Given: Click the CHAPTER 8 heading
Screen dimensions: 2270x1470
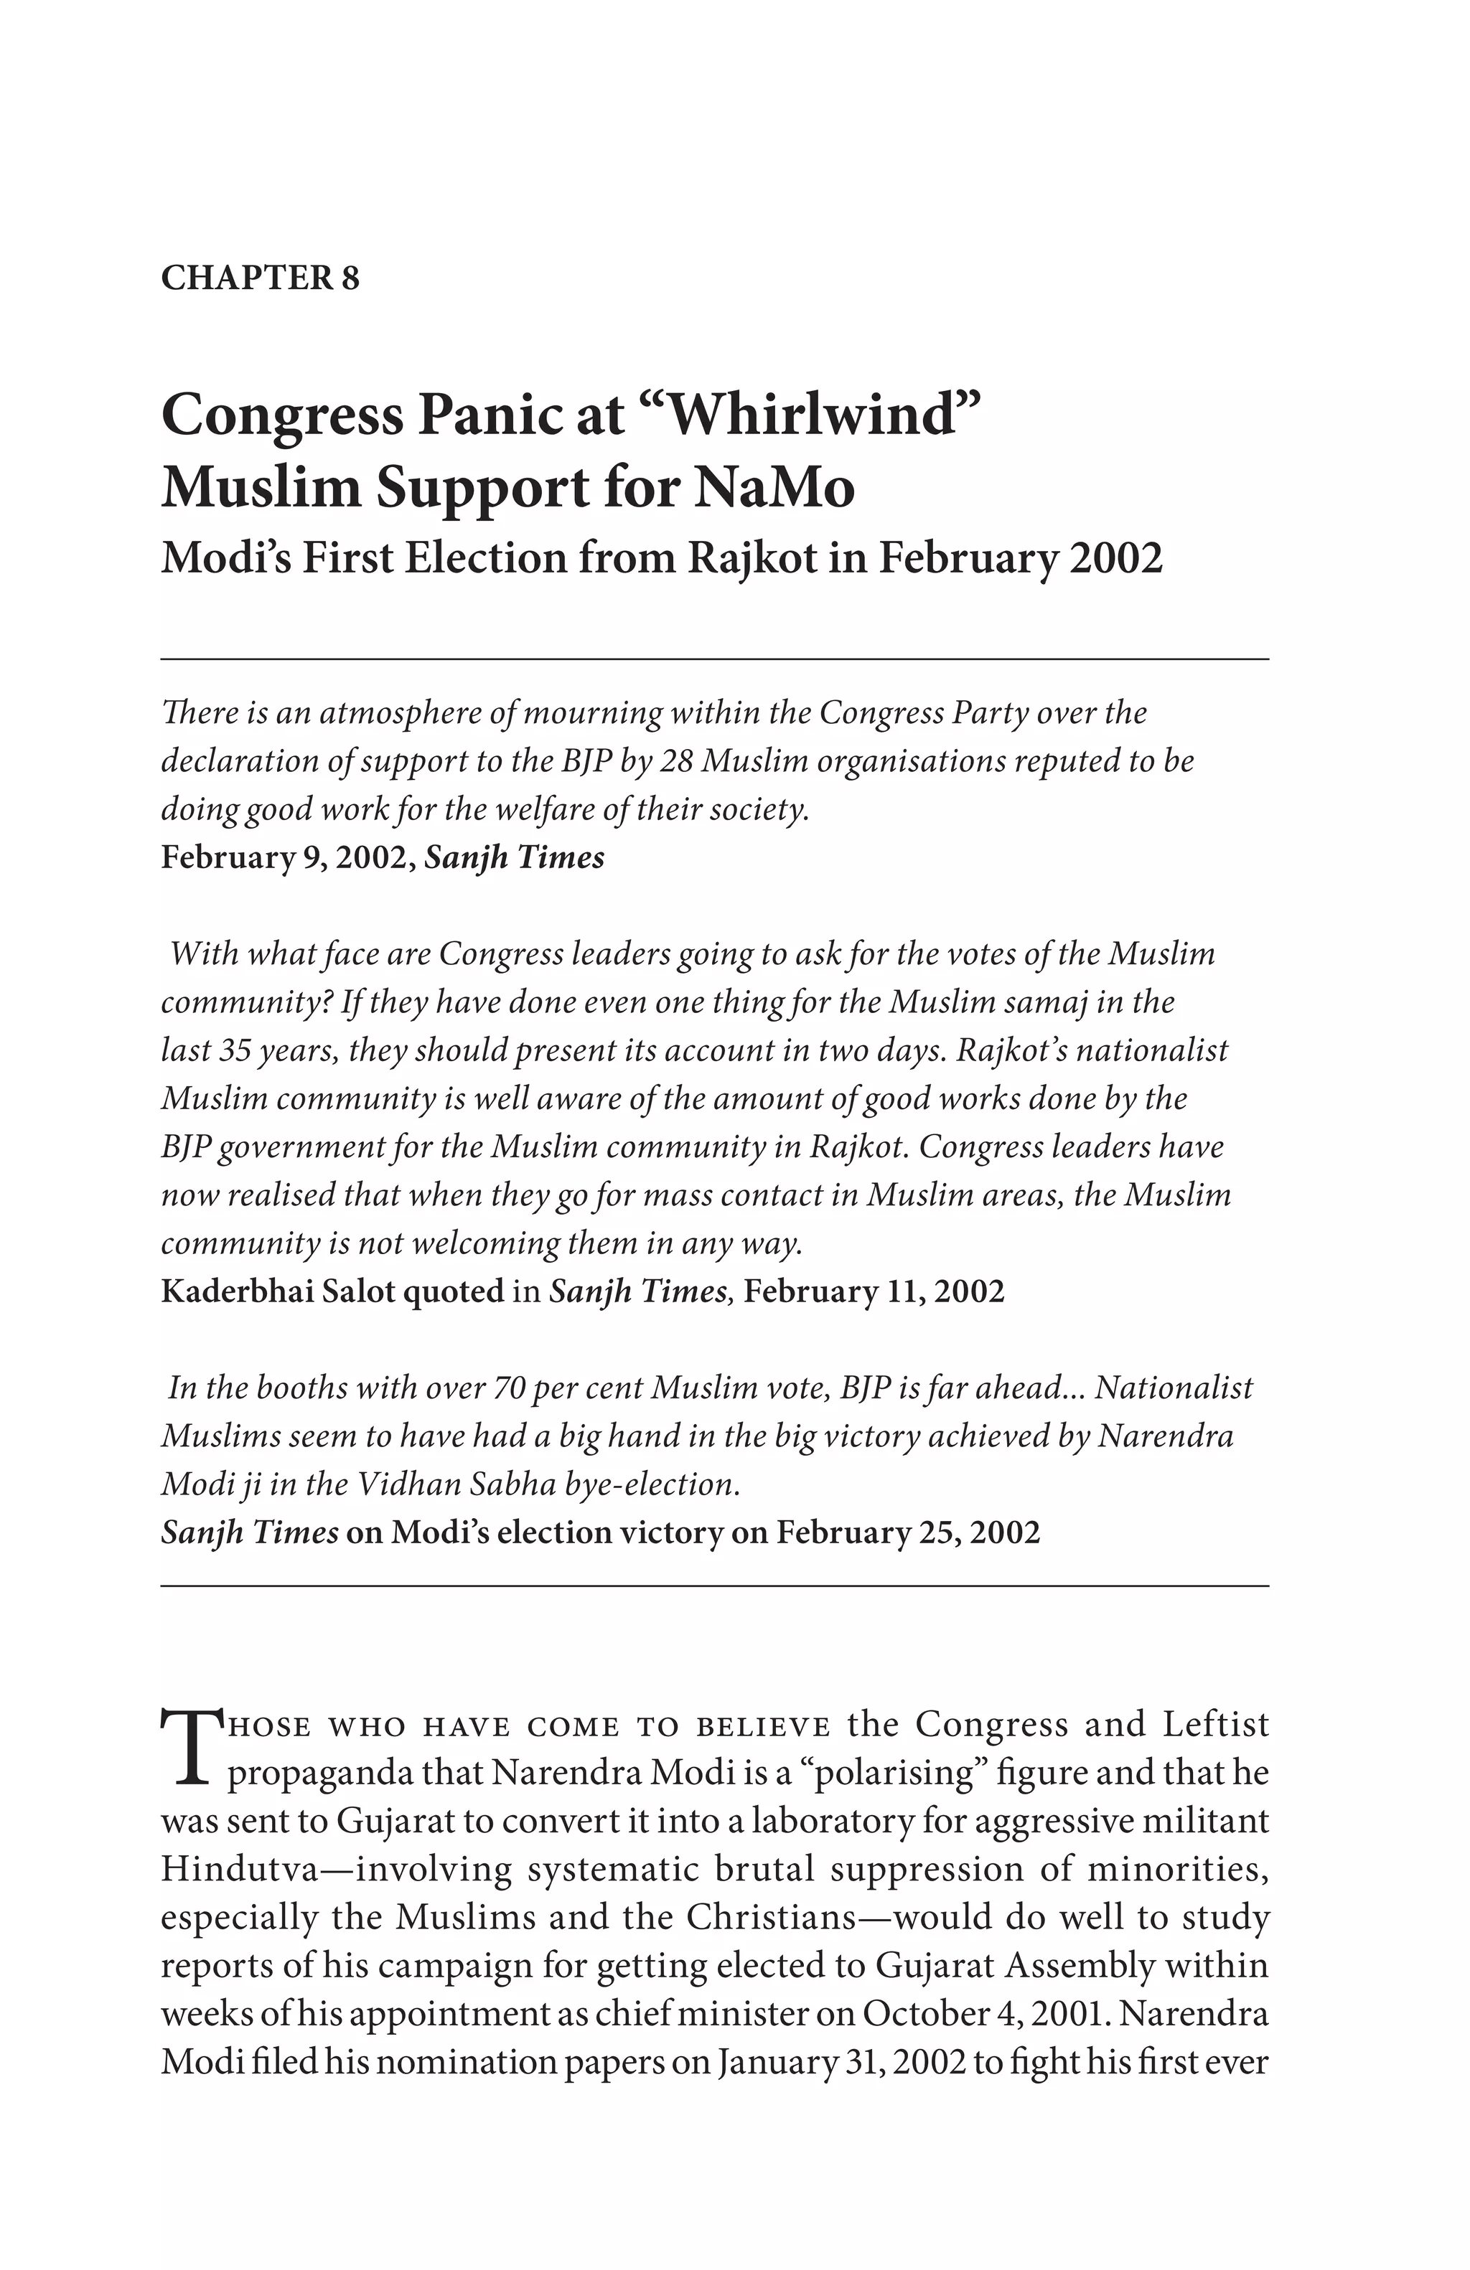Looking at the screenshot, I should [259, 278].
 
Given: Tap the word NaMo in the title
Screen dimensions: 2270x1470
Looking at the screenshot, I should [774, 489].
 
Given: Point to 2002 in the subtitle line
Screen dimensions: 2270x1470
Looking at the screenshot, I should [1115, 558].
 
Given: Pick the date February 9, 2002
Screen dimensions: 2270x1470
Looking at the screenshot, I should [286, 857].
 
